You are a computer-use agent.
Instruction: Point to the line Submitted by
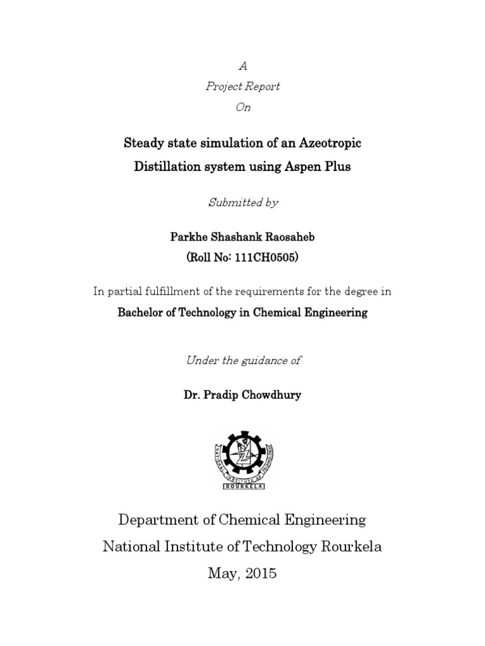coord(243,203)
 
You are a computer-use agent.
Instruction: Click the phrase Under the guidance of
coord(243,360)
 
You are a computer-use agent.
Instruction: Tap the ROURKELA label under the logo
coord(243,486)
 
